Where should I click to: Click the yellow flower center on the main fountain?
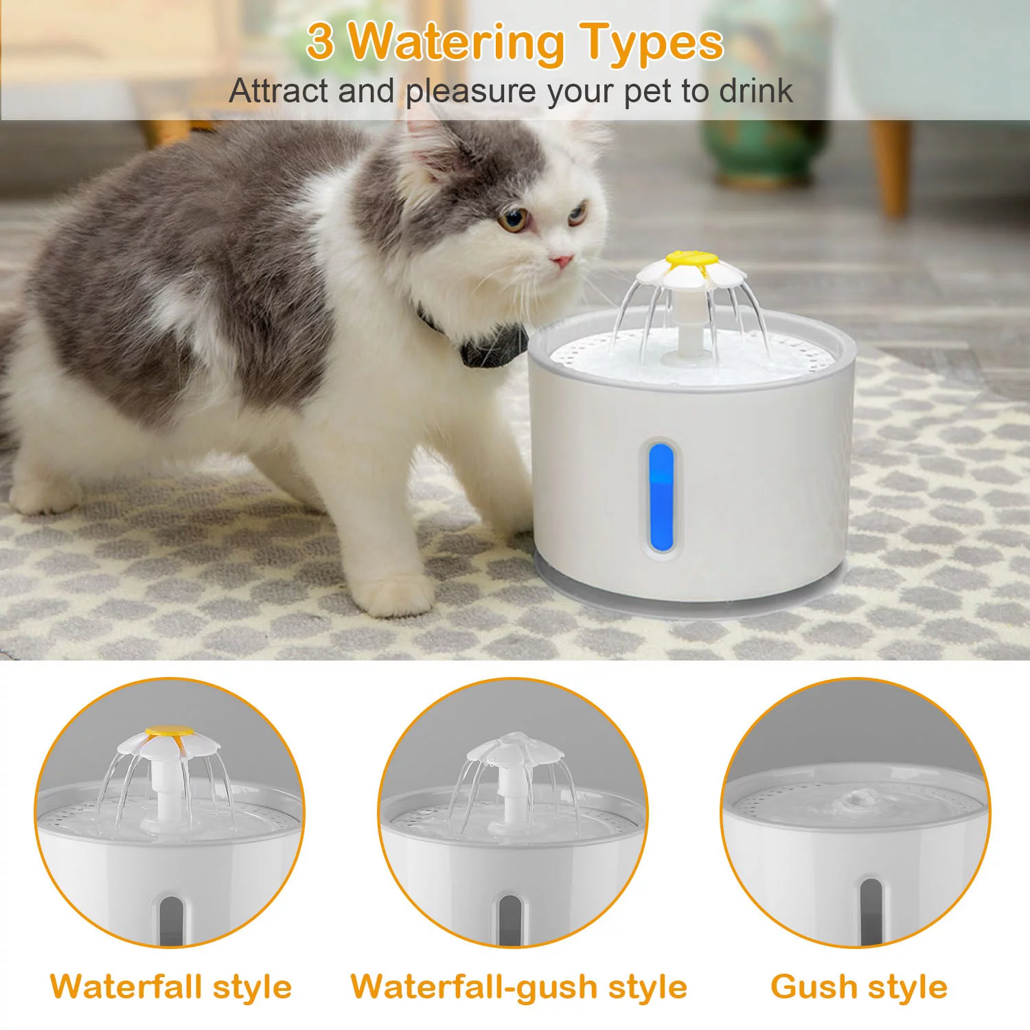[x=692, y=262]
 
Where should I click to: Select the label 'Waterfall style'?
[x=171, y=987]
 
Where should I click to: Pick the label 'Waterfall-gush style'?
[x=518, y=987]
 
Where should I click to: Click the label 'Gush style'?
[x=859, y=987]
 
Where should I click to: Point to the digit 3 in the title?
[x=321, y=41]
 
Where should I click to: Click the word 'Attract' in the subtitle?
[x=277, y=91]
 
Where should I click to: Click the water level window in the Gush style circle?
[x=871, y=910]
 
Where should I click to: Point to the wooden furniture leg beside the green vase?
[x=891, y=165]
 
